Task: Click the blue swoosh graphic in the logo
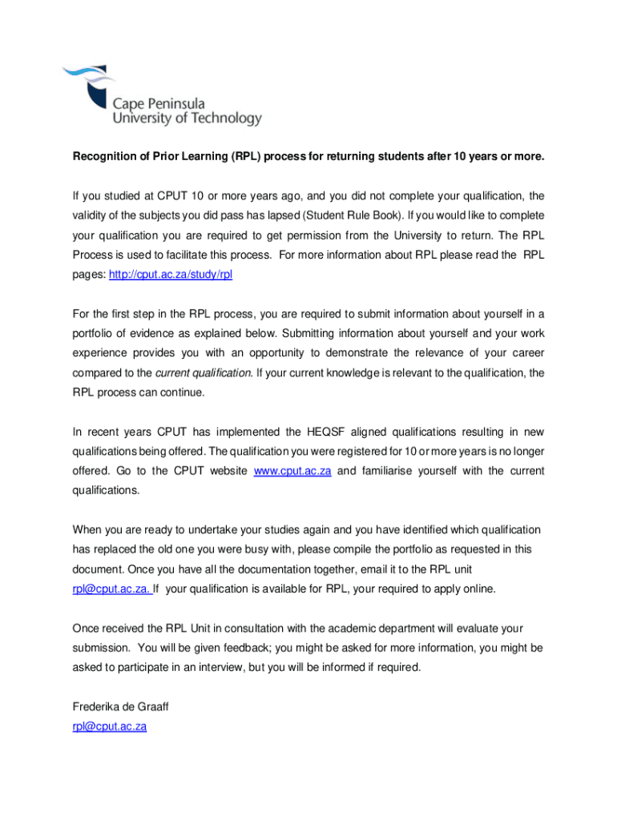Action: [84, 80]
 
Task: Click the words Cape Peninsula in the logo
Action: [159, 103]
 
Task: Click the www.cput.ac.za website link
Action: [292, 471]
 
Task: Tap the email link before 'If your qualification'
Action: [111, 589]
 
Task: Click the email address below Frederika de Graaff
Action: [110, 726]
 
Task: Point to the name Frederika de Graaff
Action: [121, 707]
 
